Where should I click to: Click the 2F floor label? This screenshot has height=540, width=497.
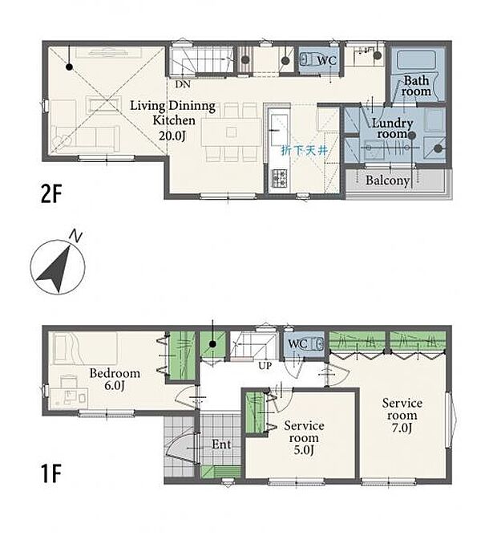point(51,194)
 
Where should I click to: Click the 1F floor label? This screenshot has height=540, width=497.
point(51,473)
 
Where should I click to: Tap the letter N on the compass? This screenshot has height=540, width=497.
point(75,236)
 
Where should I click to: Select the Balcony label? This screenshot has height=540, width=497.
point(387,181)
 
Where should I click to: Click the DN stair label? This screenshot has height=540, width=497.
point(183,84)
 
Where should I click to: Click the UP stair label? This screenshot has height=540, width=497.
point(265,366)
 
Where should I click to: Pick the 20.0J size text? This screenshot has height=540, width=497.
point(172,136)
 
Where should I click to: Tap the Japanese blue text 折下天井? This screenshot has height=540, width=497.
point(304,150)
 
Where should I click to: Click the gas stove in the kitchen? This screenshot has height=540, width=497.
point(279,177)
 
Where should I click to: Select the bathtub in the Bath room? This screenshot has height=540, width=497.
point(416,60)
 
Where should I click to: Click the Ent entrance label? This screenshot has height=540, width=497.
point(221,445)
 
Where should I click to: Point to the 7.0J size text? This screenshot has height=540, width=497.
point(402,428)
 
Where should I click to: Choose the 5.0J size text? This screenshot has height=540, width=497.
point(304,450)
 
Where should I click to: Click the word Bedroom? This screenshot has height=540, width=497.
point(115,373)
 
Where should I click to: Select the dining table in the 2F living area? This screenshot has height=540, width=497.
point(231,132)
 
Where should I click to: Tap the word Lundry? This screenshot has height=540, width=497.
point(393,123)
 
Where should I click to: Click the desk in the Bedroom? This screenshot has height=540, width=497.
point(69,399)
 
